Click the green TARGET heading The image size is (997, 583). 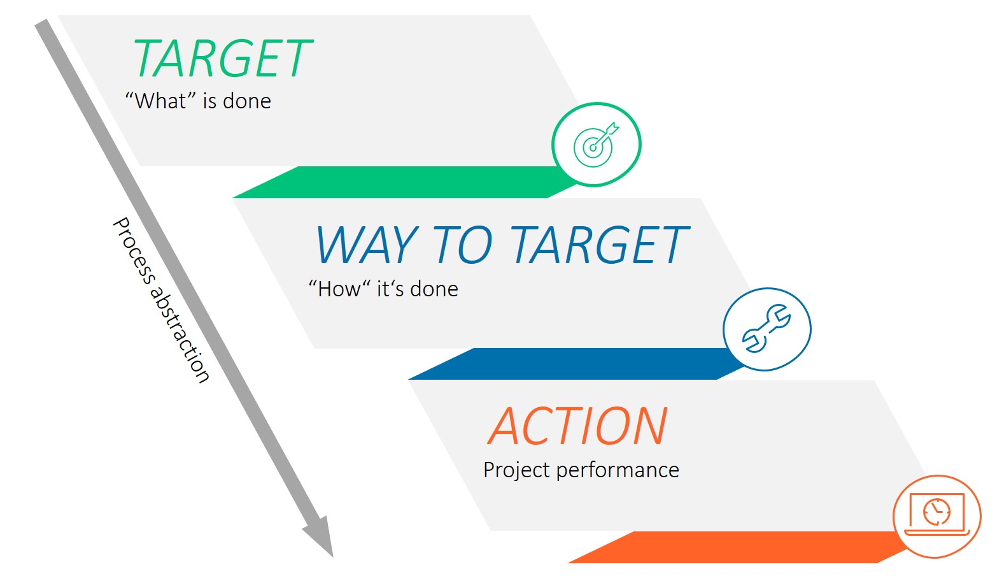[222, 59]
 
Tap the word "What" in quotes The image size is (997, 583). [160, 101]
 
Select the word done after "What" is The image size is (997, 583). [247, 101]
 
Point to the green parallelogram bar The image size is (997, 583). [405, 182]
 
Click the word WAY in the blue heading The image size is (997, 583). [367, 245]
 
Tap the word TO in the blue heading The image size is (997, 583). [462, 245]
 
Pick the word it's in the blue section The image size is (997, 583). [390, 289]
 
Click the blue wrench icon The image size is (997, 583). [767, 329]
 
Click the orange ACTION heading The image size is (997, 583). [577, 426]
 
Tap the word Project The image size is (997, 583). [517, 470]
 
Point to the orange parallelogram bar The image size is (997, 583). [739, 547]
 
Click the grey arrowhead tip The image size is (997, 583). [333, 557]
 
